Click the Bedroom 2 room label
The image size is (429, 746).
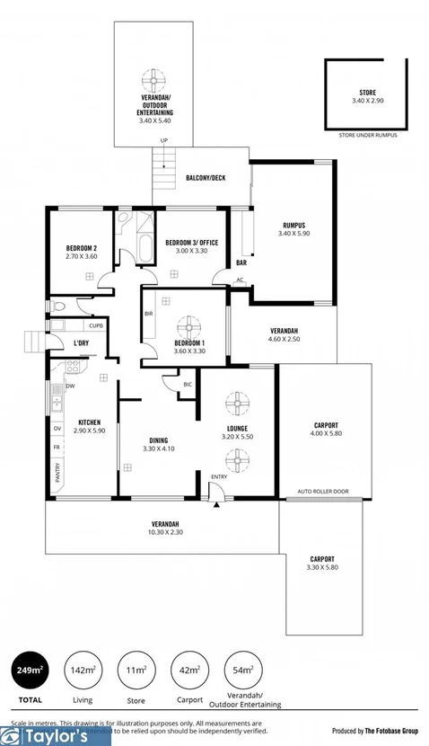pos(81,248)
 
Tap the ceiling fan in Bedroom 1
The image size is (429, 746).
pos(189,325)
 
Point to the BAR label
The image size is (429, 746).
pos(241,263)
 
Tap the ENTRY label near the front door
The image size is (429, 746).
pos(220,476)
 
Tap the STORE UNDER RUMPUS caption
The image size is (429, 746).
pos(368,134)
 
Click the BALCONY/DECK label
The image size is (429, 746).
pos(206,178)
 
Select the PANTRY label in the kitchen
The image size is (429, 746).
pos(58,473)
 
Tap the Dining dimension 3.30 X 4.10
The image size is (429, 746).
pos(159,448)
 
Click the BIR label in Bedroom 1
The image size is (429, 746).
pos(149,314)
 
